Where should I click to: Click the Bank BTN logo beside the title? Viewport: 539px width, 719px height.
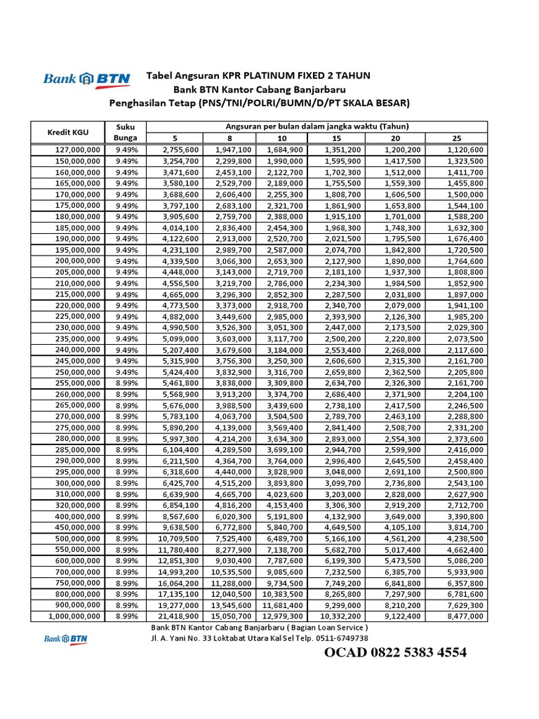coord(86,79)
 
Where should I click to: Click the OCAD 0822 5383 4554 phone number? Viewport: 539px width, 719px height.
coord(395,653)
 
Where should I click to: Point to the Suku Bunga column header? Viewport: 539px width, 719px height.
coord(127,132)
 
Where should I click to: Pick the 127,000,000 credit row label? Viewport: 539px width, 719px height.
coord(78,150)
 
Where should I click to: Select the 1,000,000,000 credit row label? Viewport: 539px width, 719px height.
coord(74,616)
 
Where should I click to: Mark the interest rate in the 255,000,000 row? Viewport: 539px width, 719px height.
coord(127,383)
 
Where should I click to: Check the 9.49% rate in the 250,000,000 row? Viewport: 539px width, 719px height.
coord(127,371)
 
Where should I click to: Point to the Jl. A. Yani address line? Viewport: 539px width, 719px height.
coord(259,638)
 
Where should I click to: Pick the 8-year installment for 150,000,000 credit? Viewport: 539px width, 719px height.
coord(231,161)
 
